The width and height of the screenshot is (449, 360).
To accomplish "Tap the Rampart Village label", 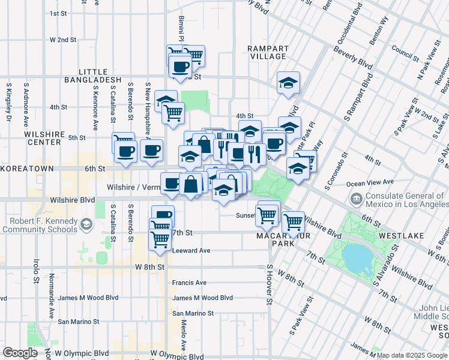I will [268, 52].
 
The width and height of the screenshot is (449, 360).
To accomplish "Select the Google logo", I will [20, 353].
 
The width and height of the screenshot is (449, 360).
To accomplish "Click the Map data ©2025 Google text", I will [412, 355].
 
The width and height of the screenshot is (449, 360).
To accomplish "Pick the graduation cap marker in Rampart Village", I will [288, 83].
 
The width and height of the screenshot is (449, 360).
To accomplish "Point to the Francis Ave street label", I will [189, 283].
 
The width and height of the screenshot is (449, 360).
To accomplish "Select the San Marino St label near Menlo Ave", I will [193, 313].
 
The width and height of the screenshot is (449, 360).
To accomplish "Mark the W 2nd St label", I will [64, 40].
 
